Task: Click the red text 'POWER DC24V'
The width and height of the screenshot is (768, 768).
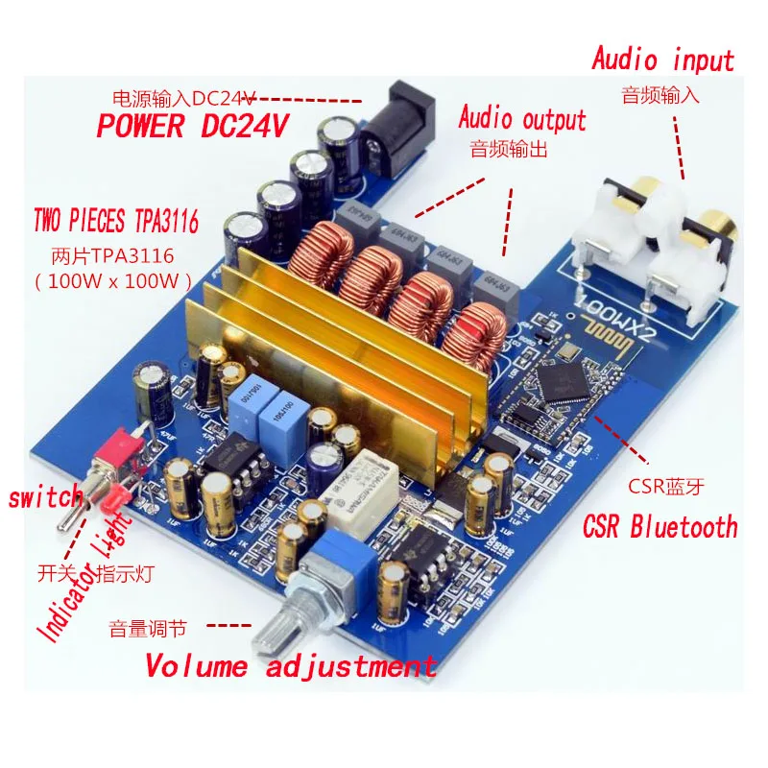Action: click(x=193, y=127)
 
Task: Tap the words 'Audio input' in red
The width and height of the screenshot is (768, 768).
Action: click(x=662, y=60)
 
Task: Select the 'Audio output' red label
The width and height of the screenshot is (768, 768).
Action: click(x=521, y=119)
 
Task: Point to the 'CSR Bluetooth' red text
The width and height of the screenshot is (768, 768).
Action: click(x=660, y=526)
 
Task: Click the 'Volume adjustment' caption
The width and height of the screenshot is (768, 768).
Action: click(x=291, y=665)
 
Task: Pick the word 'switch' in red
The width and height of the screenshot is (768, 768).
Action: click(x=45, y=498)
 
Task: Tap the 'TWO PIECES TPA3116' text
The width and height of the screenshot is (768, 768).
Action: click(x=115, y=224)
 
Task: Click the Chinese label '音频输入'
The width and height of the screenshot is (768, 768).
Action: click(x=660, y=95)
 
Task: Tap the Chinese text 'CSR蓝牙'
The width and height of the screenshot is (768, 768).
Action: click(x=665, y=486)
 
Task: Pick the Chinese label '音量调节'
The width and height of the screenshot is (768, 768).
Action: click(x=147, y=630)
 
